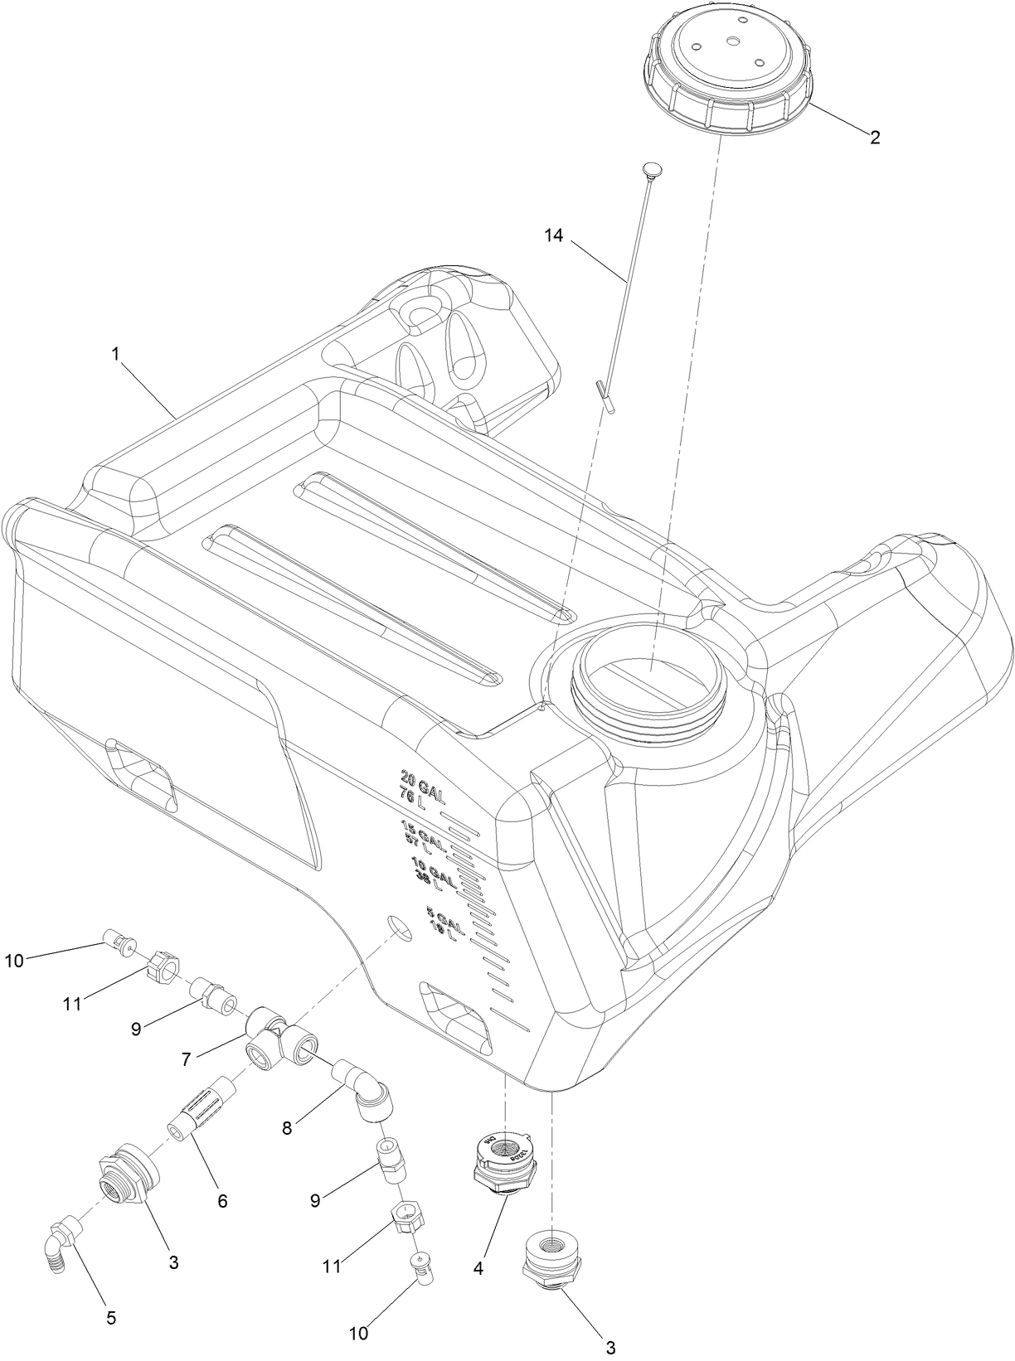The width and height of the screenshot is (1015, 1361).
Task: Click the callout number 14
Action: pyautogui.click(x=553, y=236)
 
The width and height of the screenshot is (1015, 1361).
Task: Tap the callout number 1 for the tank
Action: pyautogui.click(x=115, y=354)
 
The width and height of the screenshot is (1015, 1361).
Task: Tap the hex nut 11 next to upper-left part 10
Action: pyautogui.click(x=163, y=966)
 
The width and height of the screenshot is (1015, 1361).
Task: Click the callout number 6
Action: pyautogui.click(x=221, y=1199)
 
